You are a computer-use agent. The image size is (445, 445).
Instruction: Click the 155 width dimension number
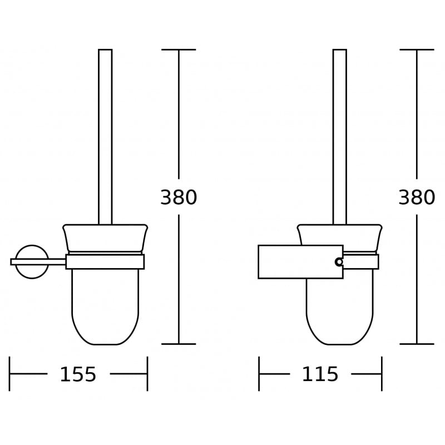(x=78, y=375)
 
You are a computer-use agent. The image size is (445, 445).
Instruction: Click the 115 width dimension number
(x=320, y=375)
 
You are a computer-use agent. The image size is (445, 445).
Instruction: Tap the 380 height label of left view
(x=179, y=197)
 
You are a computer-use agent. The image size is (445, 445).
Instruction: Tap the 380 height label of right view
(x=417, y=197)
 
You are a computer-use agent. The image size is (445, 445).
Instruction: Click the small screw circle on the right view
(x=339, y=261)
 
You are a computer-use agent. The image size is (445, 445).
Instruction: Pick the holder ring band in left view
(x=105, y=261)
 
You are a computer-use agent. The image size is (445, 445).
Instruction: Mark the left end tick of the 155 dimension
(x=9, y=374)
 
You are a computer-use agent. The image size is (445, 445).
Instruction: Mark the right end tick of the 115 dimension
(x=382, y=374)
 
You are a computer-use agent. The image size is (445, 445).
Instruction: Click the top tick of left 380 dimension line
(x=179, y=50)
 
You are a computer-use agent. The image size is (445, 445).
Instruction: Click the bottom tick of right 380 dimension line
(x=417, y=344)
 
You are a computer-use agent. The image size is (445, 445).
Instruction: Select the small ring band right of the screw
(x=360, y=261)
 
